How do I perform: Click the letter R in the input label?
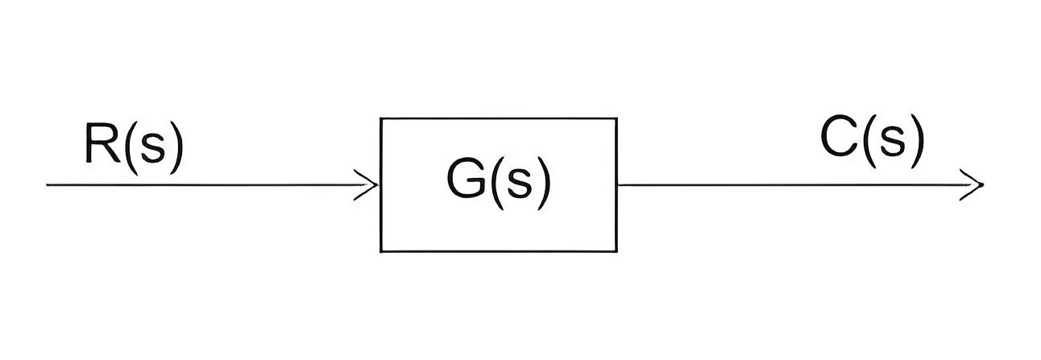tap(102, 143)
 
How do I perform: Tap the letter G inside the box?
tap(467, 180)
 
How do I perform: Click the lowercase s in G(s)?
tap(520, 184)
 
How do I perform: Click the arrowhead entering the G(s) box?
tap(367, 185)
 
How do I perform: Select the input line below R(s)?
tap(211, 185)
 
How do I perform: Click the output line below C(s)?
tap(800, 185)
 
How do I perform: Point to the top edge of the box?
tap(499, 118)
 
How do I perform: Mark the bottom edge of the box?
tap(499, 251)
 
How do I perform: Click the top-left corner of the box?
tap(381, 118)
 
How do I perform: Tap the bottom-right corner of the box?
tap(616, 251)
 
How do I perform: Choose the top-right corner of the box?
tap(616, 118)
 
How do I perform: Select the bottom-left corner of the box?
tap(381, 251)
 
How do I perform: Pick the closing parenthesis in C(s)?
tap(916, 141)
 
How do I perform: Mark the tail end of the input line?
tap(47, 185)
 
